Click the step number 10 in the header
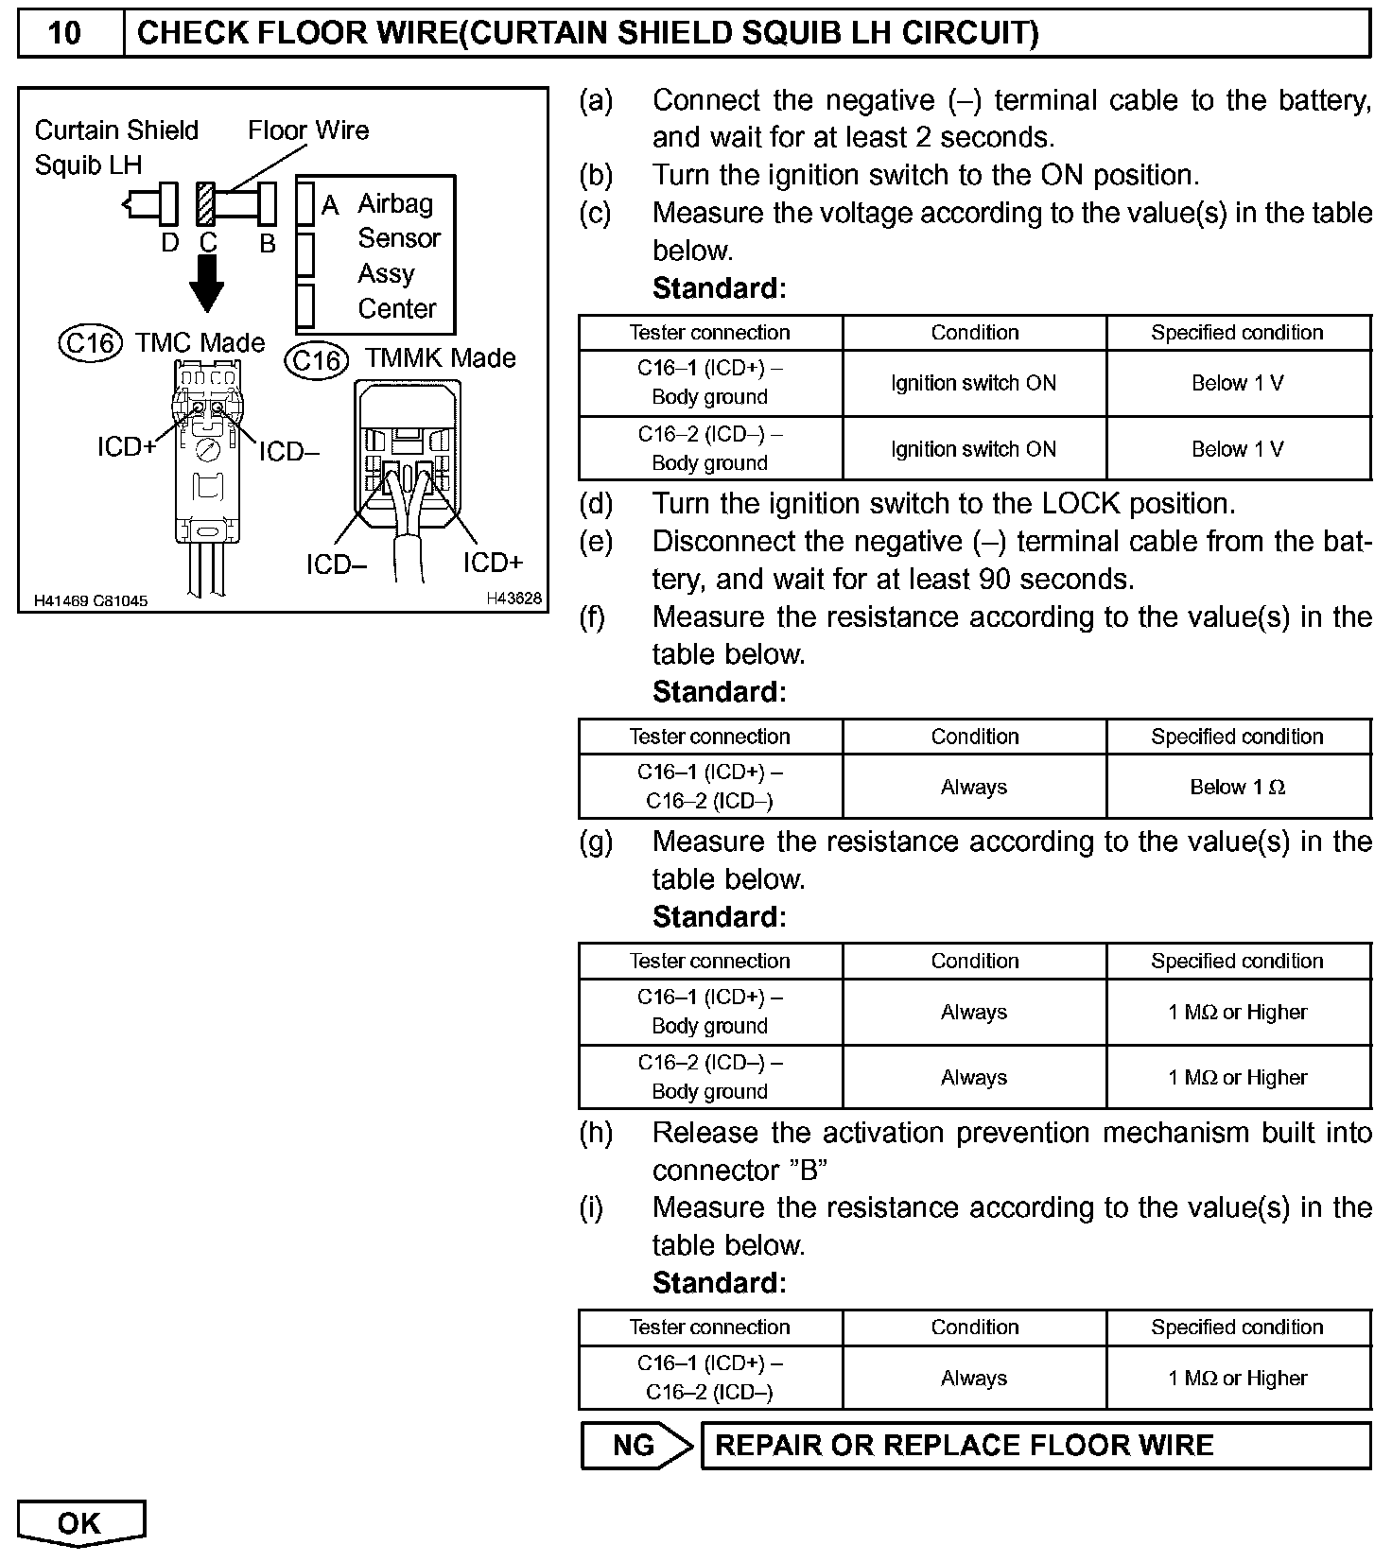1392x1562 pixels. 64,34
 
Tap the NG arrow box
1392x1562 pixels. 635,1446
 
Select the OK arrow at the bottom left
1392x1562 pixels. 79,1522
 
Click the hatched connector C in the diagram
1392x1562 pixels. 205,202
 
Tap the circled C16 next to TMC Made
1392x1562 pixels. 91,342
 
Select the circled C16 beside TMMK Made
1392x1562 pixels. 317,360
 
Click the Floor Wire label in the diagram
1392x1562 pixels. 308,130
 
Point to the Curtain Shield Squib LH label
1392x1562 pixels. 115,148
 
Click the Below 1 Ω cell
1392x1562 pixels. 1237,787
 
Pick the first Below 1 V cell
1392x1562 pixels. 1237,383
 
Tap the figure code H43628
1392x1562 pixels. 513,598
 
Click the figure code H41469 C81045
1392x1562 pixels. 91,600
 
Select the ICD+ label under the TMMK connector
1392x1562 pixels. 492,564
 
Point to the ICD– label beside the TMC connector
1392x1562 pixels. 288,452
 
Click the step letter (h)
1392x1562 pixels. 596,1133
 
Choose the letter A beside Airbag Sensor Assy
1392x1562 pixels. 330,205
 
